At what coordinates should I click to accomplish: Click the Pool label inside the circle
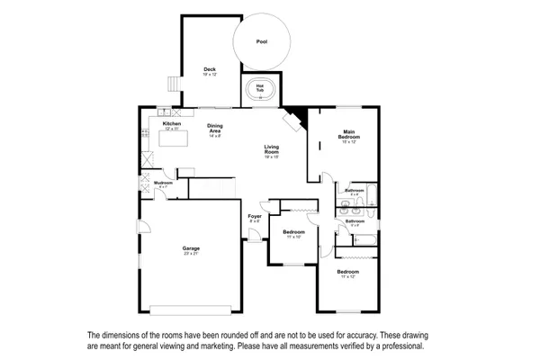(262, 41)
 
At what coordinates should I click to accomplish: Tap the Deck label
(210, 69)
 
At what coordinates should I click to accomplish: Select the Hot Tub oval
(259, 92)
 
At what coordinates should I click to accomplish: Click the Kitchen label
(171, 123)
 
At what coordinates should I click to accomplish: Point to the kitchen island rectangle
(173, 138)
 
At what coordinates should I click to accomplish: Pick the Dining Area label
(215, 128)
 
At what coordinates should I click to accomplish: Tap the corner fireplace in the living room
(294, 120)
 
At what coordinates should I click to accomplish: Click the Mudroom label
(163, 183)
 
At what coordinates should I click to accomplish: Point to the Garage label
(191, 247)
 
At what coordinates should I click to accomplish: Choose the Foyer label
(255, 217)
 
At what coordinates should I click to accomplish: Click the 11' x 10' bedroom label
(293, 232)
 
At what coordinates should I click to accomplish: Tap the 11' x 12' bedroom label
(348, 272)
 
